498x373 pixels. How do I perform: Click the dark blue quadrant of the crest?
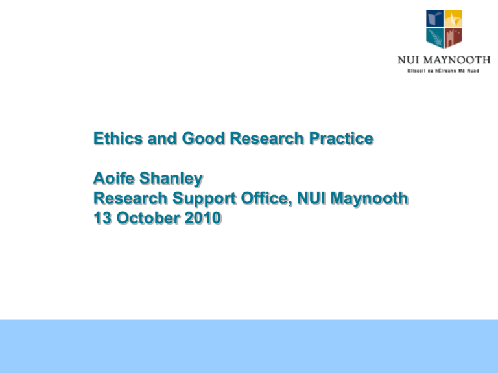[x=434, y=17]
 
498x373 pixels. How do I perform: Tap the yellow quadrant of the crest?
[x=453, y=17]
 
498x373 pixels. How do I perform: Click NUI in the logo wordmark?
[x=407, y=60]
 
